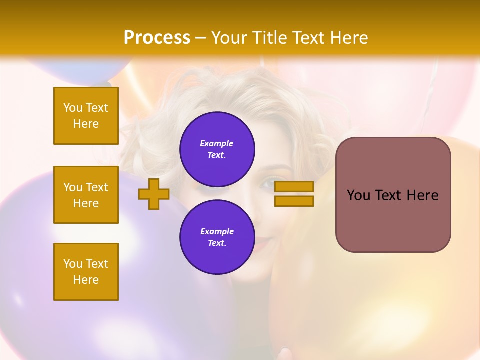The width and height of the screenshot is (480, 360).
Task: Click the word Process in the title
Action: coord(157,38)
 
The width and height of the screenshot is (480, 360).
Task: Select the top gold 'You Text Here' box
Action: coord(86,116)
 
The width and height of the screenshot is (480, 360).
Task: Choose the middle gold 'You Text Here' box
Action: coord(86,195)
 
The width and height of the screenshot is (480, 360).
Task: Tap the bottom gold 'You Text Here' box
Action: coord(86,272)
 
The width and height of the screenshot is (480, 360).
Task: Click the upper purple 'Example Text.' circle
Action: coord(217,149)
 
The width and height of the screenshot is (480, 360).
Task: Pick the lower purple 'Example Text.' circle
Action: coord(217,237)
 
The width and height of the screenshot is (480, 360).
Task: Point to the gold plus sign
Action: coord(154,194)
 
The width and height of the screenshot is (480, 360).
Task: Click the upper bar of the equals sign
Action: coord(294,187)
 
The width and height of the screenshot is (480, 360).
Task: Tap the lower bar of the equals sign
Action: coord(294,201)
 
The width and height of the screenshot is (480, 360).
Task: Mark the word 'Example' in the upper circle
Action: coord(217,143)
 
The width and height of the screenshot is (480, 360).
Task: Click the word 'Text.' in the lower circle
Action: coord(217,243)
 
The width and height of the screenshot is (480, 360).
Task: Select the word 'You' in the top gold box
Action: coord(73,108)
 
